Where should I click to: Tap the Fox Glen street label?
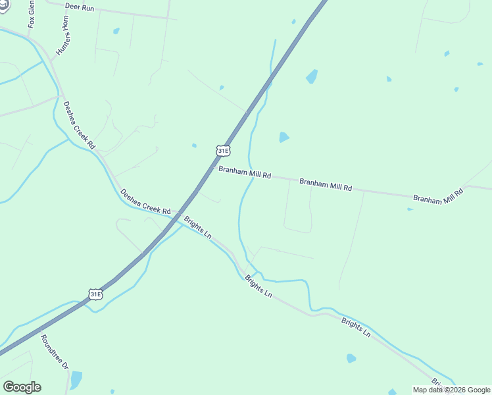(x=31, y=14)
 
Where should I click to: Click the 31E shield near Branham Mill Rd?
(x=223, y=151)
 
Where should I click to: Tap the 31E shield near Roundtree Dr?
(x=96, y=294)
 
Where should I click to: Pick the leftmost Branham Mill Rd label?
(x=245, y=173)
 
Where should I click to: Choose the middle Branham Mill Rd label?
(x=326, y=184)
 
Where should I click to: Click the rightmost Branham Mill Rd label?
(x=438, y=196)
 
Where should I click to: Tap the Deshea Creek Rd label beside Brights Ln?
(x=145, y=201)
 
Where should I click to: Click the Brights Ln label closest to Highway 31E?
(x=198, y=226)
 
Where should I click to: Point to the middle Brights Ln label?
(x=258, y=286)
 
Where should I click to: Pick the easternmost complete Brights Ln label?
(x=356, y=327)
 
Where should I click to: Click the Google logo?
(x=22, y=387)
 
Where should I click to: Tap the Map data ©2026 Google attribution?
(x=452, y=390)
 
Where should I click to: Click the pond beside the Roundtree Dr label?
(x=76, y=379)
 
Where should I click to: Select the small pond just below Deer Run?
(x=116, y=30)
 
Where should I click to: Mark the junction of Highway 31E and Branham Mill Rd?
(x=212, y=169)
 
